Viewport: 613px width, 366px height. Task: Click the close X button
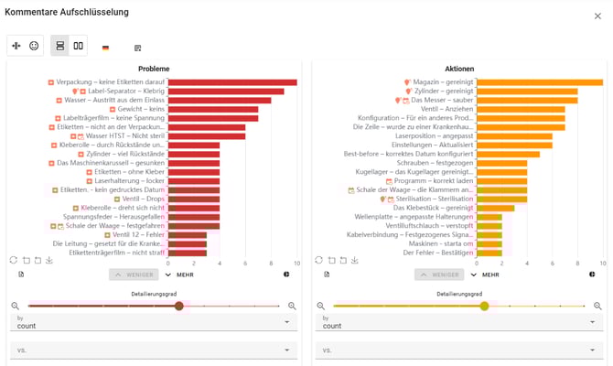pyautogui.click(x=597, y=16)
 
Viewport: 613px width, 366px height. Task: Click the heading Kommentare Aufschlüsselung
pyautogui.click(x=67, y=12)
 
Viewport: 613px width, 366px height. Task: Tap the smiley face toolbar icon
pyautogui.click(x=34, y=46)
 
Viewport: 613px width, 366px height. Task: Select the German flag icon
pyautogui.click(x=105, y=48)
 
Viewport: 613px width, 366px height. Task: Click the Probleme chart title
pyautogui.click(x=154, y=69)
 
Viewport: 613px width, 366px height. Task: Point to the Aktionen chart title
pyautogui.click(x=459, y=69)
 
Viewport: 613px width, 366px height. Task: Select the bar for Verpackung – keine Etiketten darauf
pyautogui.click(x=232, y=82)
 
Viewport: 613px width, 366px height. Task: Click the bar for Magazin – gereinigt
pyautogui.click(x=539, y=82)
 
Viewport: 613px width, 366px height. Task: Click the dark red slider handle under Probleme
pyautogui.click(x=179, y=306)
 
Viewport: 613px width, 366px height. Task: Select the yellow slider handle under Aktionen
pyautogui.click(x=484, y=306)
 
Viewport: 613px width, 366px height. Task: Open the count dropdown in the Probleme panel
pyautogui.click(x=154, y=322)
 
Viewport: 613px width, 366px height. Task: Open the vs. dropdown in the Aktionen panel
pyautogui.click(x=459, y=350)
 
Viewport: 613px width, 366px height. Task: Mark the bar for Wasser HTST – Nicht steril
pyautogui.click(x=206, y=136)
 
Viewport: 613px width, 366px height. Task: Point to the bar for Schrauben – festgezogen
pyautogui.click(x=501, y=163)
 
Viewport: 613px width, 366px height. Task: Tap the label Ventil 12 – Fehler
pyautogui.click(x=140, y=235)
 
